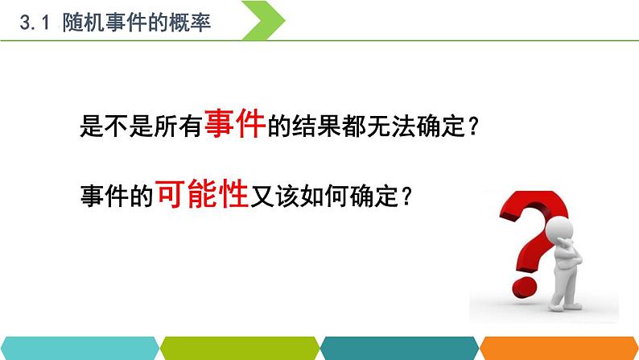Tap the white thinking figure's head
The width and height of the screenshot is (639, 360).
[x=561, y=233]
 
